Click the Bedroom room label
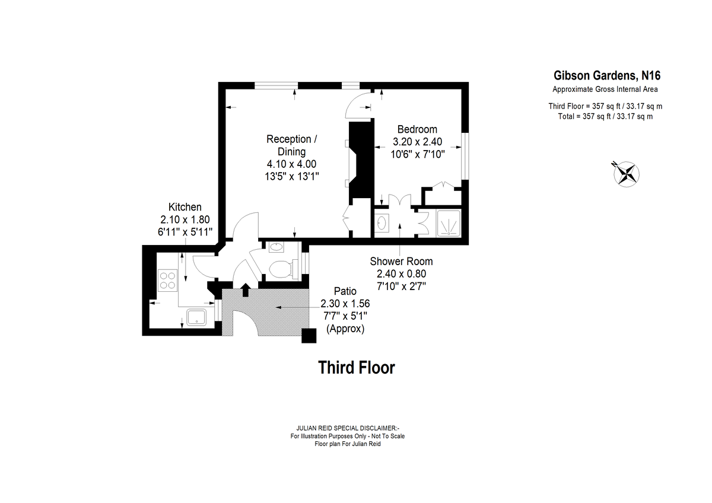click(417, 129)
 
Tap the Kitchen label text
click(185, 207)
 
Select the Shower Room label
click(401, 261)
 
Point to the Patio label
click(345, 291)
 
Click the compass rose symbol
click(626, 174)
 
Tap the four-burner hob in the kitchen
click(167, 280)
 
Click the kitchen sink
click(196, 317)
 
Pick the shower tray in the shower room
click(449, 223)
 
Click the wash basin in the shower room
click(382, 223)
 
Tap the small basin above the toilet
click(276, 247)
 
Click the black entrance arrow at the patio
click(246, 290)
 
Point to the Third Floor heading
click(357, 368)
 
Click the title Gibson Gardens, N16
click(607, 75)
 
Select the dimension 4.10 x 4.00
click(291, 164)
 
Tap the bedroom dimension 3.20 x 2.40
click(417, 142)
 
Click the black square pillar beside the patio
click(309, 336)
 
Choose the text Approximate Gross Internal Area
click(605, 90)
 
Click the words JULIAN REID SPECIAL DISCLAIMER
click(348, 428)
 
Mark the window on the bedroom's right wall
click(465, 156)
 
